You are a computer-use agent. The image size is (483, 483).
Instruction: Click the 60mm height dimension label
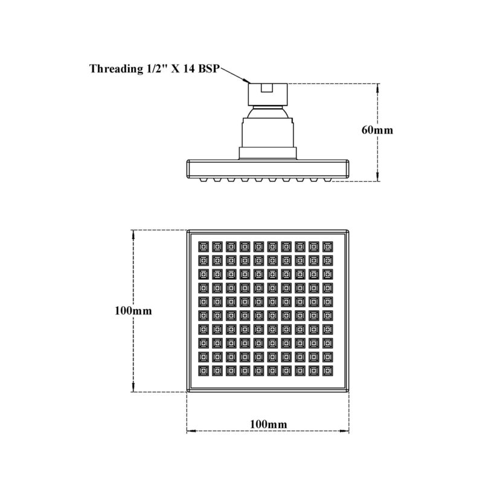[377, 130]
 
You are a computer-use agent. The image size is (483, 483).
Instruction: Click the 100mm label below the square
[268, 424]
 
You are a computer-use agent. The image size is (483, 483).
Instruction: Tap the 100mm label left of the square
[133, 310]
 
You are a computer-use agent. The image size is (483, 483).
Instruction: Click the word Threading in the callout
[115, 69]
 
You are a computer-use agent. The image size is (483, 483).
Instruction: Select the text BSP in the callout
[208, 68]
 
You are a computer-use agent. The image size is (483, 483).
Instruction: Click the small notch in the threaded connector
[267, 88]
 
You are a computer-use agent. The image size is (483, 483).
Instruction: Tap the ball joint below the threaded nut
[268, 112]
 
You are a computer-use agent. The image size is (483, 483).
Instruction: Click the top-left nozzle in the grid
[203, 246]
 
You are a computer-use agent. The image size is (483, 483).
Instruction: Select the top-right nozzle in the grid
[328, 246]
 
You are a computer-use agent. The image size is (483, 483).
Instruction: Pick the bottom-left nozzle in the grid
[203, 371]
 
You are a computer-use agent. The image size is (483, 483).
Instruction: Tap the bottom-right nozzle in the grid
[328, 371]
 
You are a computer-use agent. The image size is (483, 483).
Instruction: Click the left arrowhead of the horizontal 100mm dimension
[191, 431]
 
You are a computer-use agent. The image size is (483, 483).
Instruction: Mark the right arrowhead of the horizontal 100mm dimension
[344, 431]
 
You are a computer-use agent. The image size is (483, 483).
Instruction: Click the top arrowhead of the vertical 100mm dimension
[133, 234]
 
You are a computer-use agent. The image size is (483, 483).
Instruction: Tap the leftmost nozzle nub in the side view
[203, 179]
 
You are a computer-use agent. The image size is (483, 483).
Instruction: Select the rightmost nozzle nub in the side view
[328, 179]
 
